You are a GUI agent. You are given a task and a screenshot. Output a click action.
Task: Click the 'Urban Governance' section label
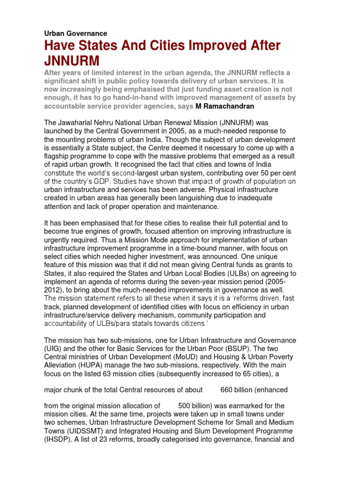point(75,33)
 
